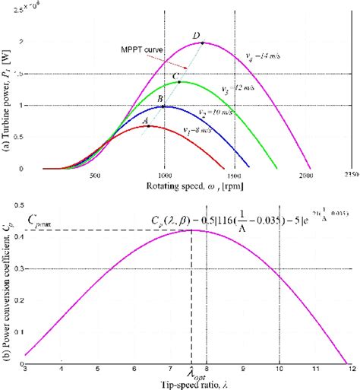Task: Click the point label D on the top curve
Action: click(x=196, y=36)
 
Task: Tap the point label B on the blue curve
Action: click(x=160, y=99)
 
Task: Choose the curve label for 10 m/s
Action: click(x=212, y=112)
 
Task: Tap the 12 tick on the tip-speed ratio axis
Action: click(x=350, y=368)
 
